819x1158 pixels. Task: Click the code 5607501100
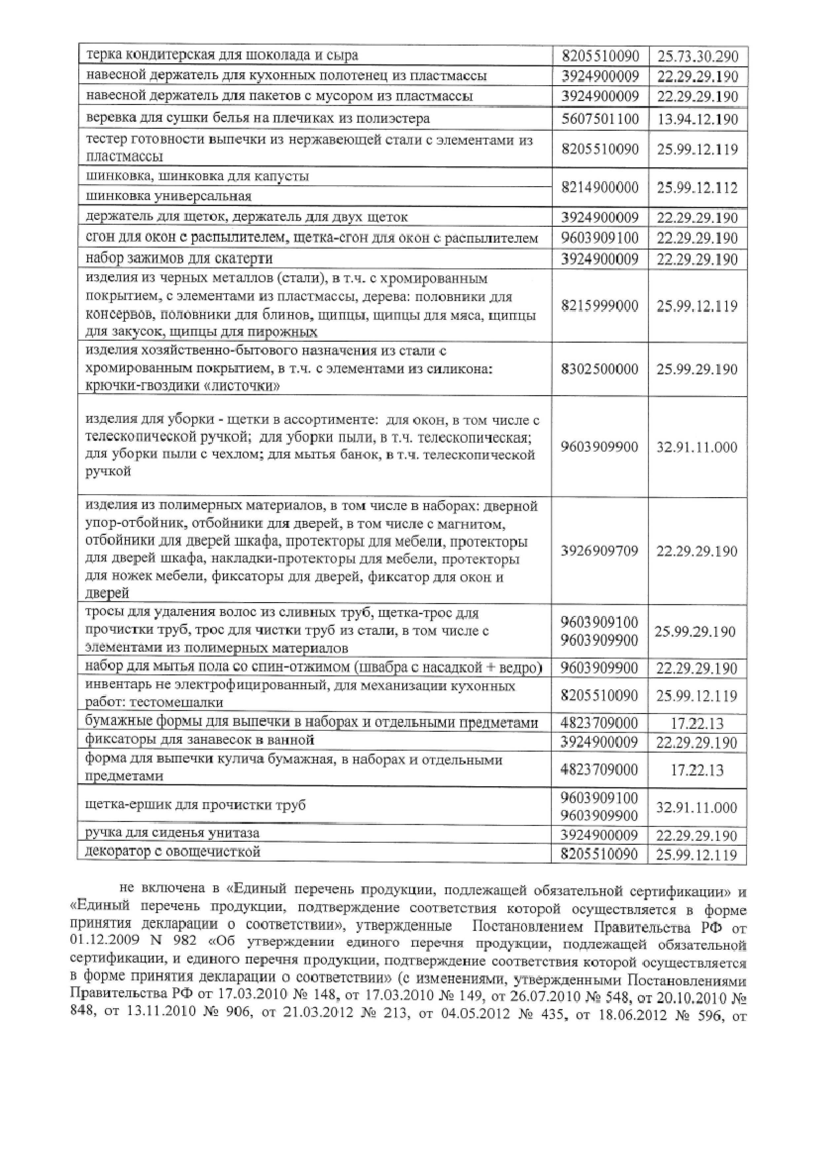tap(600, 119)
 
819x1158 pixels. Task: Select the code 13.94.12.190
tap(698, 119)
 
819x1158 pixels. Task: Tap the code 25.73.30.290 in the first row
tap(698, 56)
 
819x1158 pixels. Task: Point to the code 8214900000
tap(600, 187)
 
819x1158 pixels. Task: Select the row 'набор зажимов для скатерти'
tap(179, 259)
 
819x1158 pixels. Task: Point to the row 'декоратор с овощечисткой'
tap(173, 852)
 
